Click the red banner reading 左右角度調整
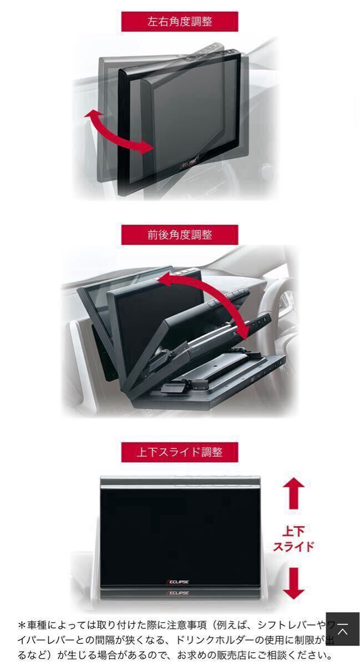180,22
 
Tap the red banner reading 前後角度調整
180,235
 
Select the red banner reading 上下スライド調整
180,452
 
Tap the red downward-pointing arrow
293,583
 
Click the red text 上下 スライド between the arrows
293,538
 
